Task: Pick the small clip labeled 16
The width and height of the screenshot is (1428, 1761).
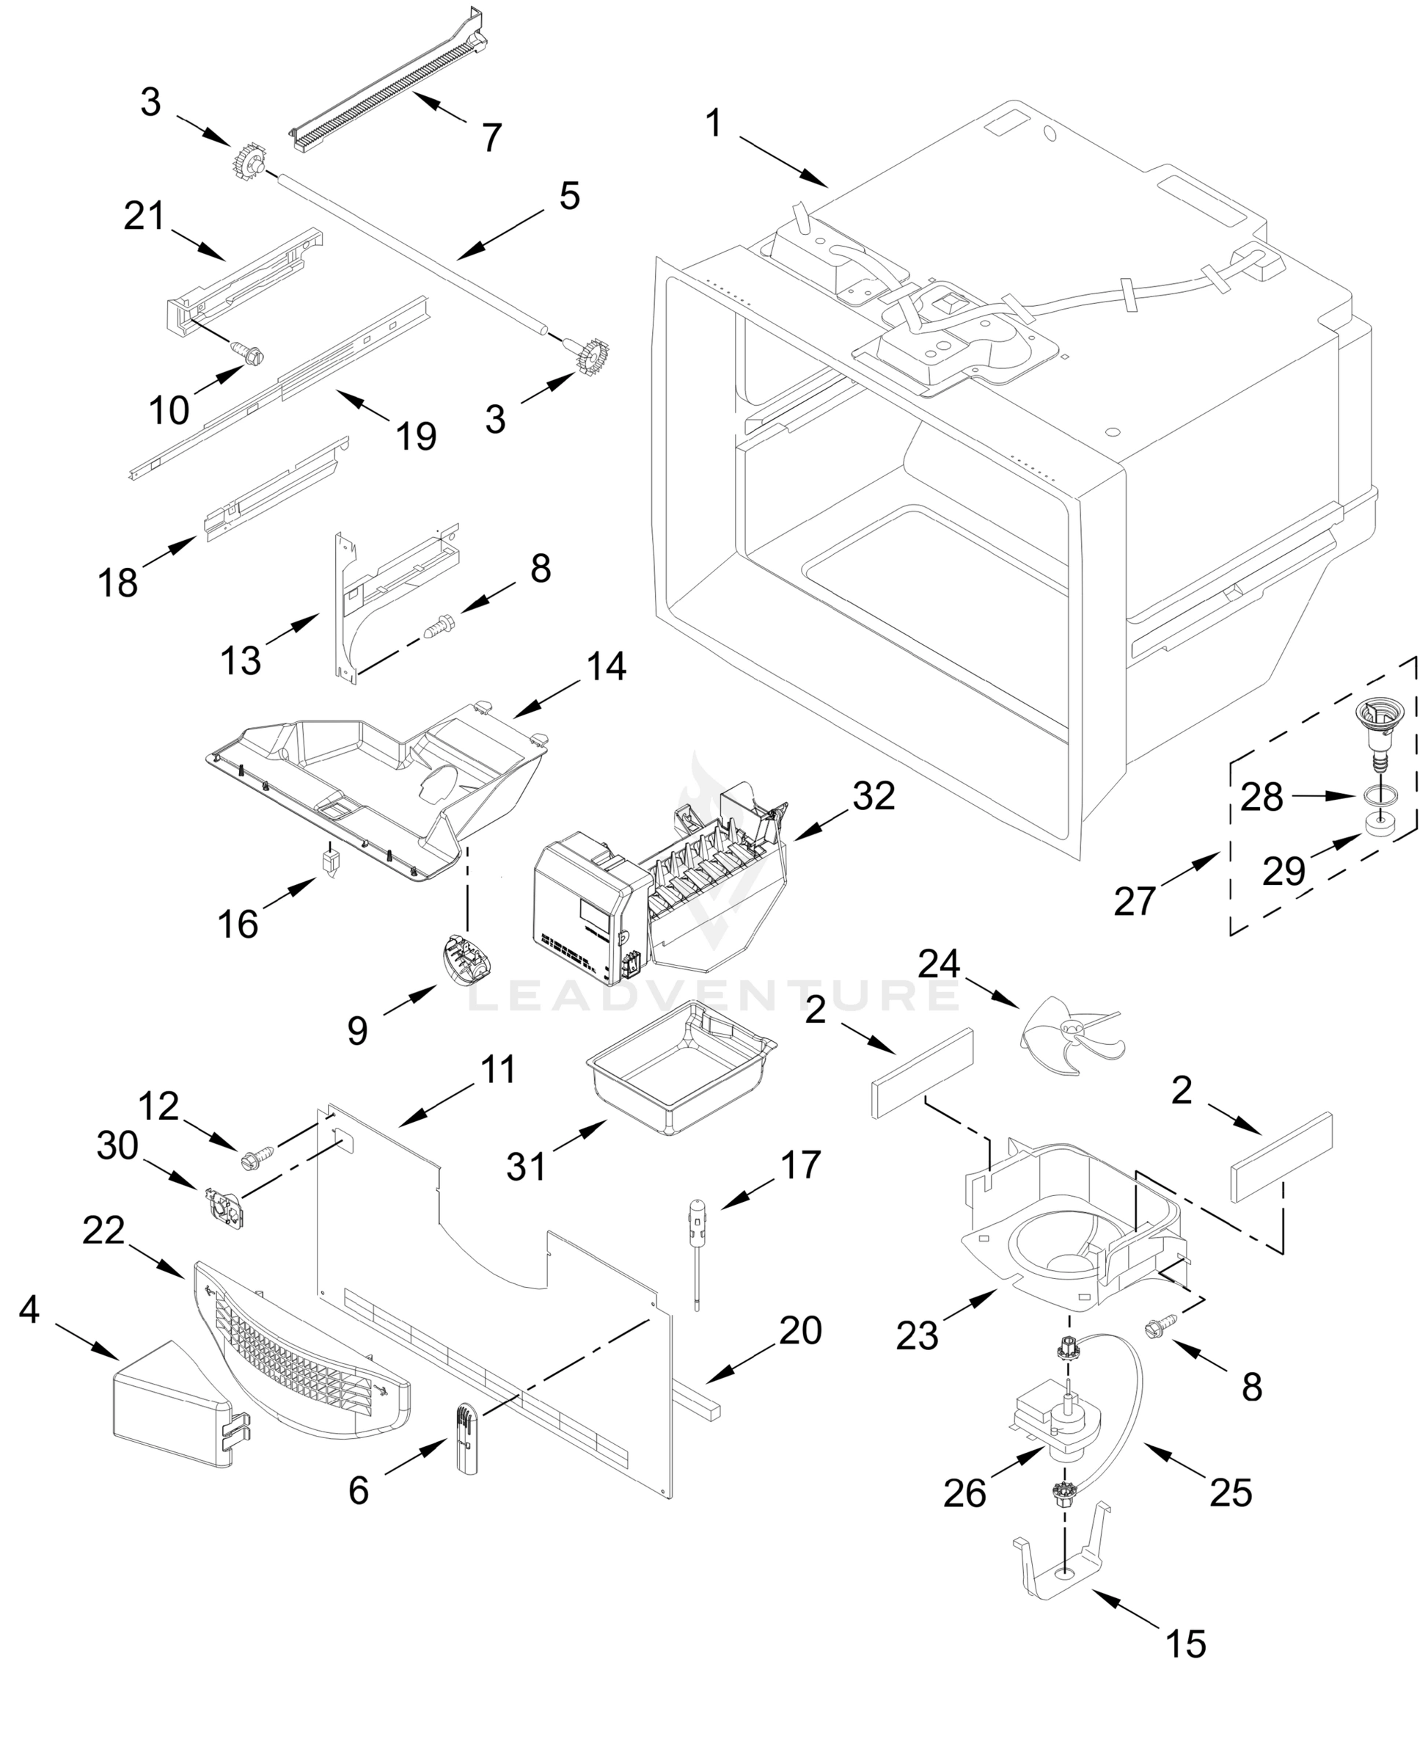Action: click(331, 862)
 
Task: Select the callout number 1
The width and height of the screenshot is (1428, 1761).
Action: click(713, 124)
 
